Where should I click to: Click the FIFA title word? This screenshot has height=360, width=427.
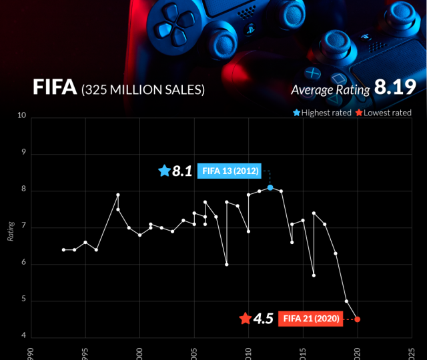[x=55, y=88]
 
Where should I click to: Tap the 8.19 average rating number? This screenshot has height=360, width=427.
[x=394, y=87]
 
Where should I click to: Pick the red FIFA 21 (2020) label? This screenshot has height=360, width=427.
[x=310, y=319]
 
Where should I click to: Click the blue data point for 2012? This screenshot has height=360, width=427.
[x=270, y=187]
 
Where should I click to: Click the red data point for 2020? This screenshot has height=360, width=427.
[x=358, y=319]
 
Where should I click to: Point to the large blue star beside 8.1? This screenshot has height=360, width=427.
[x=164, y=171]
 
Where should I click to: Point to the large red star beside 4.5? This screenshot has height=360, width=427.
[x=245, y=319]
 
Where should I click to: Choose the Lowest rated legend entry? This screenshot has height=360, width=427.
[x=383, y=113]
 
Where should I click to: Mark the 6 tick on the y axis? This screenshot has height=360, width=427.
[x=23, y=264]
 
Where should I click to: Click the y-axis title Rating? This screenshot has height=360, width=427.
[x=11, y=231]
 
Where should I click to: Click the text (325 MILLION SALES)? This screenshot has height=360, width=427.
[x=143, y=89]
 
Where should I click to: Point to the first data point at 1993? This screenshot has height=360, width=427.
[x=63, y=250]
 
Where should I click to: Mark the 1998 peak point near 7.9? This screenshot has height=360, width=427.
[x=118, y=195]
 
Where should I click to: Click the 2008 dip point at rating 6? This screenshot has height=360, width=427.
[x=227, y=265]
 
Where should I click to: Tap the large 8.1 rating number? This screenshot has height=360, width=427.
[x=183, y=171]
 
